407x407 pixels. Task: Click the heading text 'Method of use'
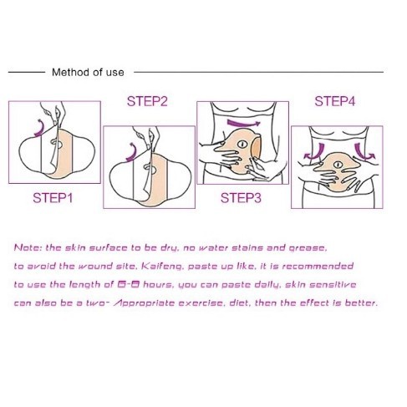click(88, 73)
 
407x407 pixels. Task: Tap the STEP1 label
click(53, 198)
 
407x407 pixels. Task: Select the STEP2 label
click(147, 101)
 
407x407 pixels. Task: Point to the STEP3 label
click(241, 198)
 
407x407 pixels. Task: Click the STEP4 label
click(335, 101)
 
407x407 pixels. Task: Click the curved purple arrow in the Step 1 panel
click(41, 128)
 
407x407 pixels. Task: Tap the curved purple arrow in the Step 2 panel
click(133, 153)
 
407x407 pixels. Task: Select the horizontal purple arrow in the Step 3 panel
click(243, 123)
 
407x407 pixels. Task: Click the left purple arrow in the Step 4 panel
click(316, 152)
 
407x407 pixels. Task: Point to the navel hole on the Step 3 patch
click(242, 145)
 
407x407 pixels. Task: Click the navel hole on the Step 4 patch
click(338, 165)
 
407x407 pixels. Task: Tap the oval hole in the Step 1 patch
click(57, 144)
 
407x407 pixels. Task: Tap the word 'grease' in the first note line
click(308, 248)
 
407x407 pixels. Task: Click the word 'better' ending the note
click(361, 303)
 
